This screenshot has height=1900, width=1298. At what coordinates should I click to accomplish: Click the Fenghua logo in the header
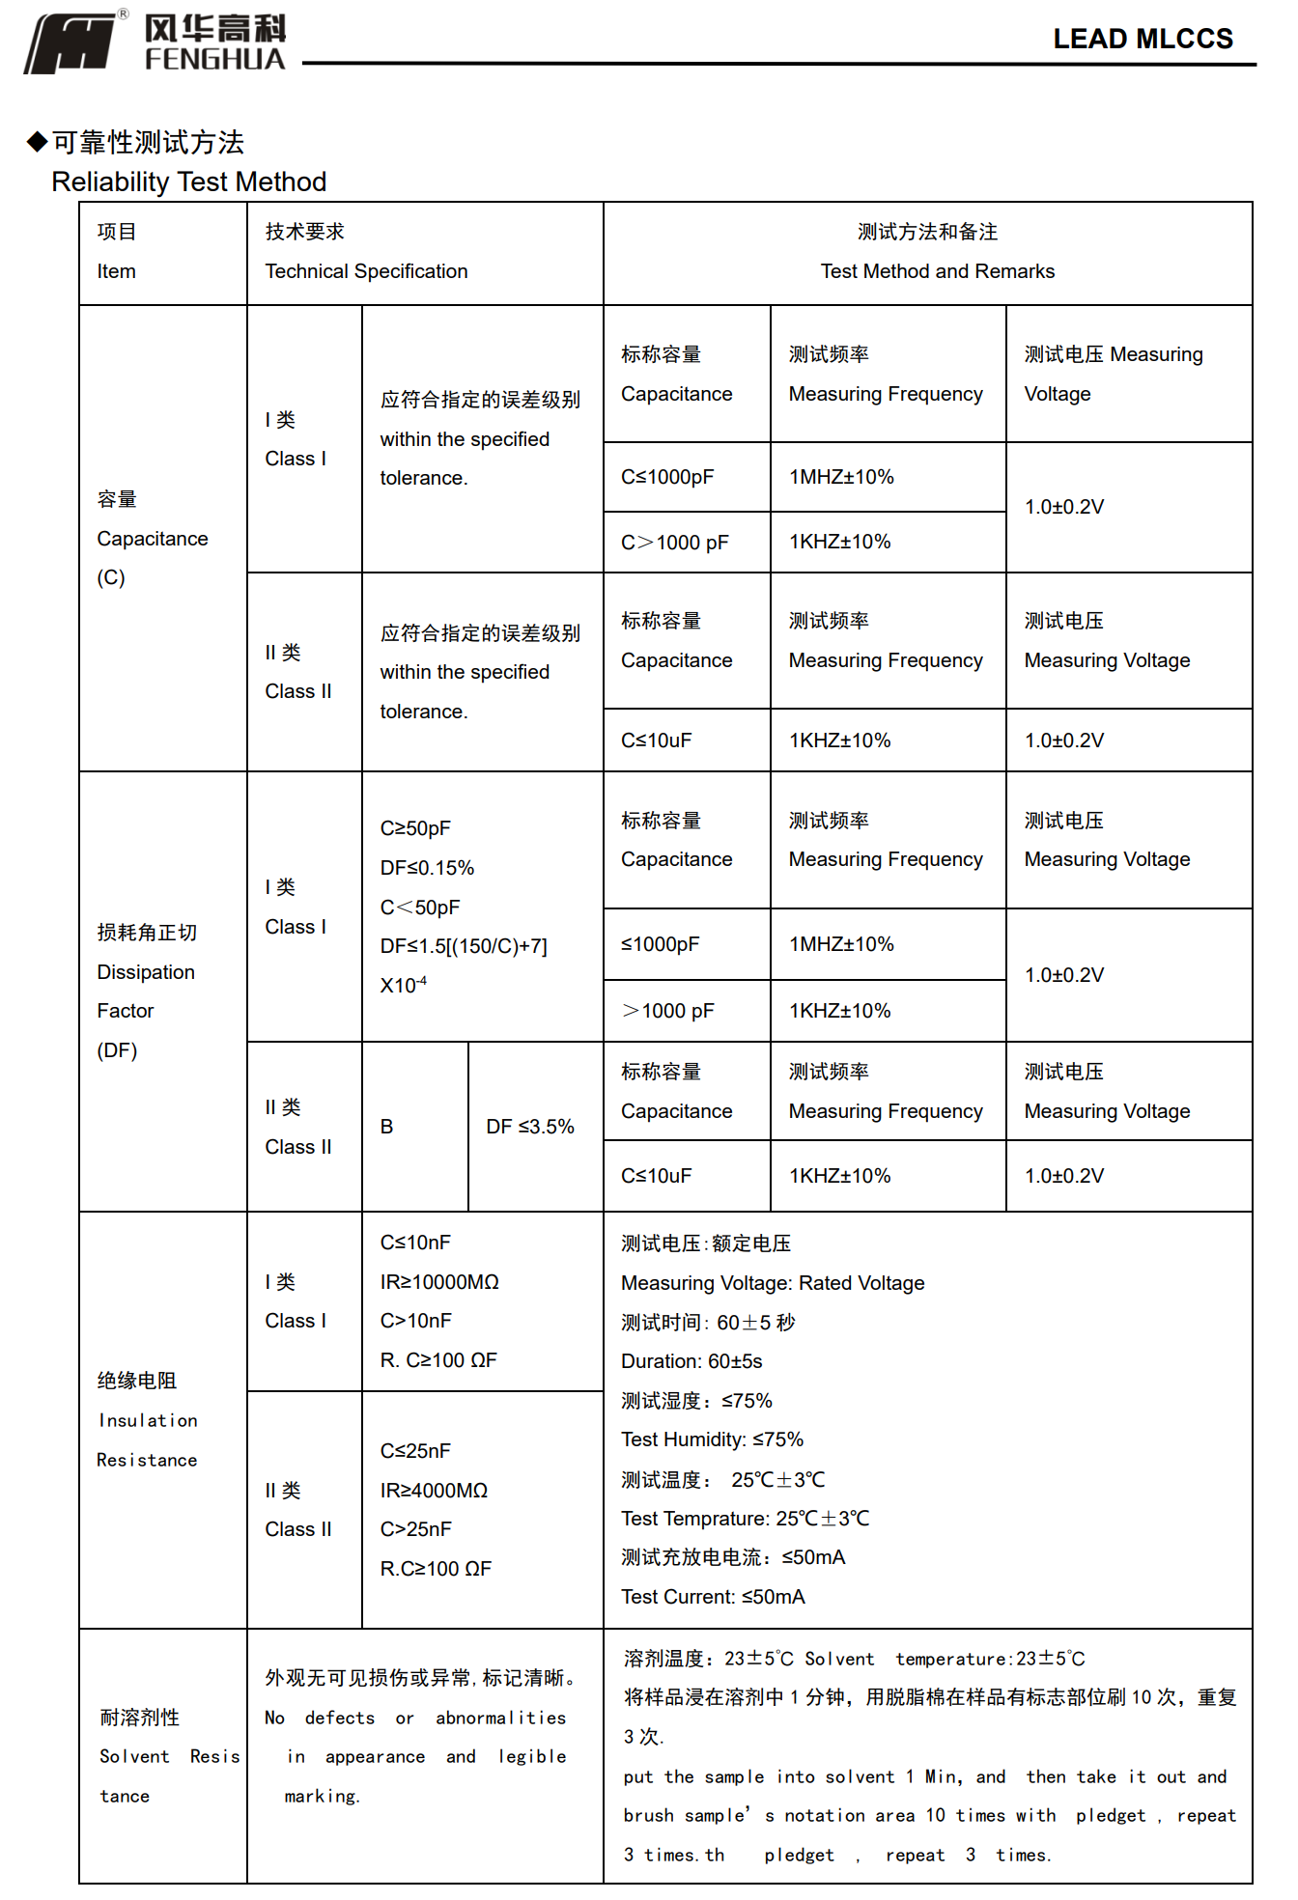(155, 43)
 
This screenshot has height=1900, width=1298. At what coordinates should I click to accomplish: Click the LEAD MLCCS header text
(1143, 39)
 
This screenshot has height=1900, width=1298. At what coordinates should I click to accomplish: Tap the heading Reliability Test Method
(189, 182)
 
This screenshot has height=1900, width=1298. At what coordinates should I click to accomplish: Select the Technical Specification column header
(366, 271)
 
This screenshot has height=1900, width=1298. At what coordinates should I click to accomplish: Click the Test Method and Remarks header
(937, 271)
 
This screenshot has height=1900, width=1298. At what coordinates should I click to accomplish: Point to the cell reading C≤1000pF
(667, 477)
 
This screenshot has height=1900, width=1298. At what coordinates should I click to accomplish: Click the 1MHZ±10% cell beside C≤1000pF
(841, 477)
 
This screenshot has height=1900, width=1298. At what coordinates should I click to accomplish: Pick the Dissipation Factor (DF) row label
(146, 992)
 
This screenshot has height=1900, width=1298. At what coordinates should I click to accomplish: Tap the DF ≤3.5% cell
(530, 1127)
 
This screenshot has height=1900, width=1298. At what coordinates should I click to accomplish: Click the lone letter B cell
(387, 1127)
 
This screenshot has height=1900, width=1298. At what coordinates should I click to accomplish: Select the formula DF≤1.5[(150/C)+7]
(464, 946)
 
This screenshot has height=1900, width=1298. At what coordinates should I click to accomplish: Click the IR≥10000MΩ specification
(439, 1282)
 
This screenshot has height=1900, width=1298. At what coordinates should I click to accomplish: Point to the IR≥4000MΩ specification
(434, 1491)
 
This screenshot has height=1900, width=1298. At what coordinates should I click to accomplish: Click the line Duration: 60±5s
(691, 1361)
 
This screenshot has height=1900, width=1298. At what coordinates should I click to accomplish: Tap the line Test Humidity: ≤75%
(712, 1439)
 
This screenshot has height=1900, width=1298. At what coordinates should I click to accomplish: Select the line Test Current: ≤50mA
(713, 1597)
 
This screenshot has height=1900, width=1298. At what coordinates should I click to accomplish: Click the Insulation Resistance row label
(147, 1439)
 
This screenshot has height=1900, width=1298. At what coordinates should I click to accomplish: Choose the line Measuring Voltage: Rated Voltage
(773, 1283)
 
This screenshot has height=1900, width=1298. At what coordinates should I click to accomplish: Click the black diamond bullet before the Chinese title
(37, 142)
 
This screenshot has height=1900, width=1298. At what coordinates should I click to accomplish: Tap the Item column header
(117, 271)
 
